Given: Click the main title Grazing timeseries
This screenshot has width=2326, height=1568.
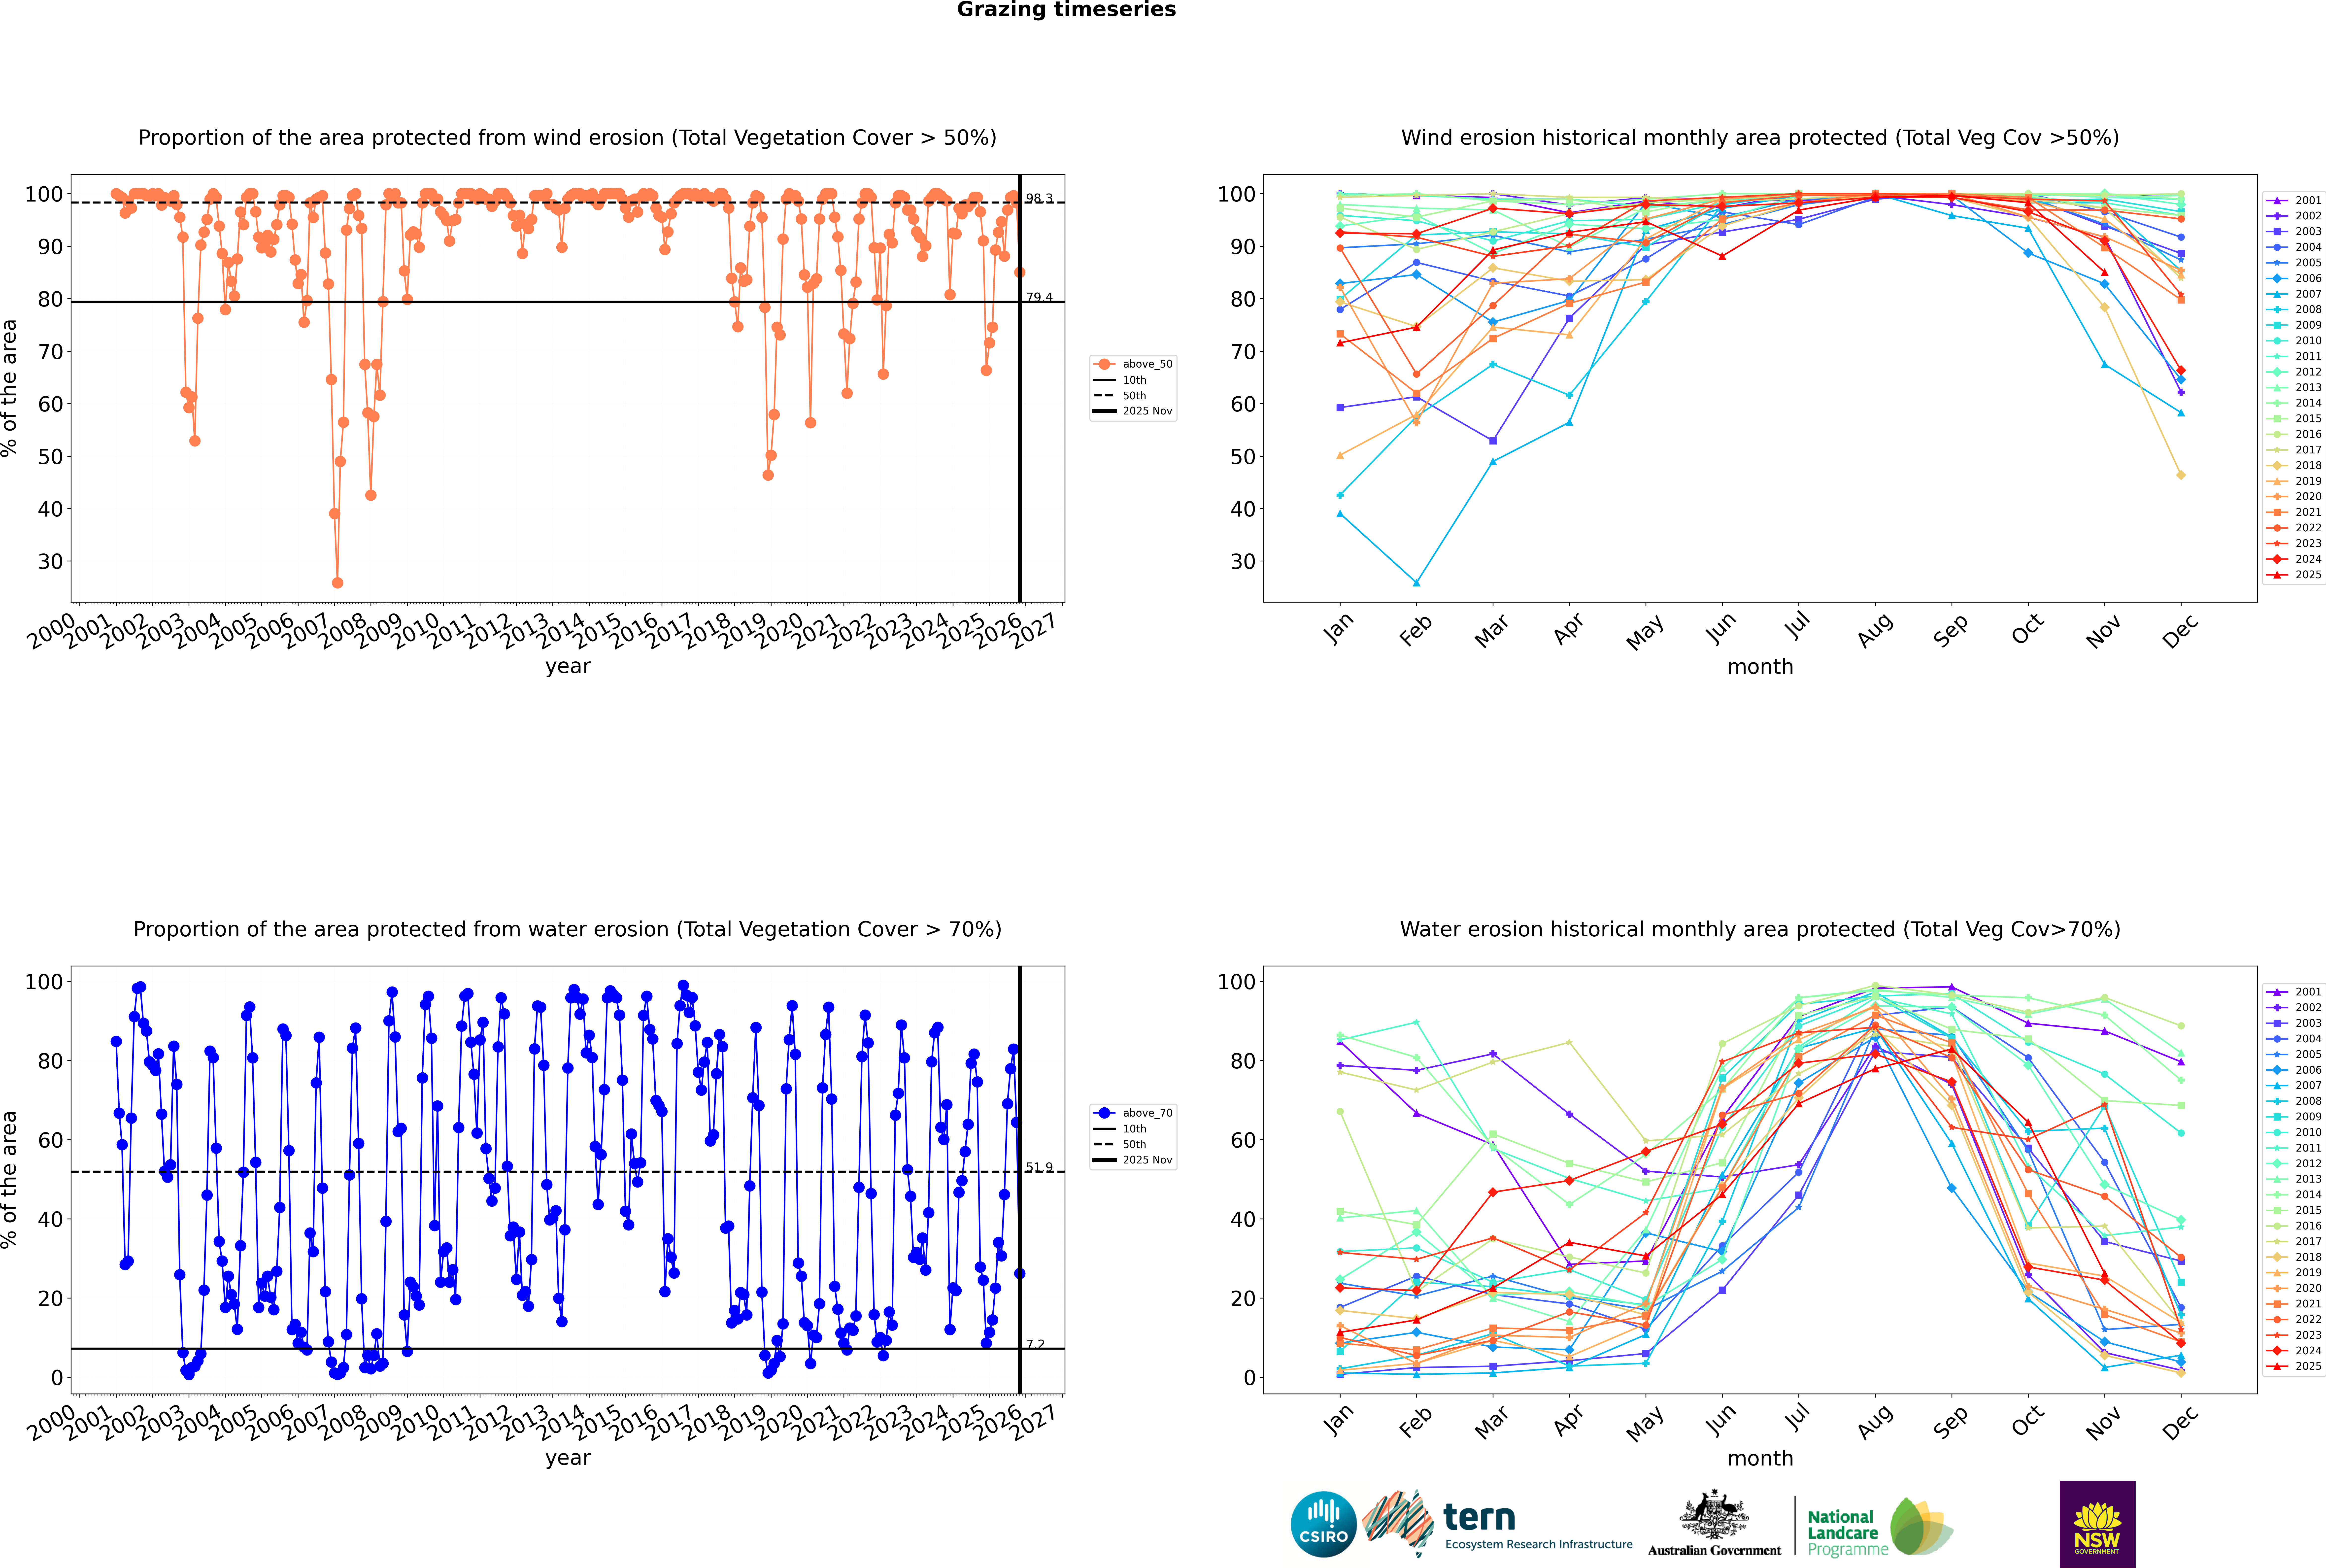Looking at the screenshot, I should pos(1066,10).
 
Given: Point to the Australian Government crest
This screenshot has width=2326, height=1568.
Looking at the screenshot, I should pos(1714,1515).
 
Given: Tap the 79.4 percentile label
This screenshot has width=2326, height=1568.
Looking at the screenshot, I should pos(1039,297).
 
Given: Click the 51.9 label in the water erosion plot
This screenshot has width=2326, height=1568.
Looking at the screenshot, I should pos(1039,1167).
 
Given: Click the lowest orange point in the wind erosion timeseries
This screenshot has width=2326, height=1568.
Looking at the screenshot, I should pos(337,583).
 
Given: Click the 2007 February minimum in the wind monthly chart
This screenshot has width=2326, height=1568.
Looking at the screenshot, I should pos(1416,583).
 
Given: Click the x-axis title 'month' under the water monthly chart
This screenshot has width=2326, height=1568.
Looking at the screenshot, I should pos(1760,1458).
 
